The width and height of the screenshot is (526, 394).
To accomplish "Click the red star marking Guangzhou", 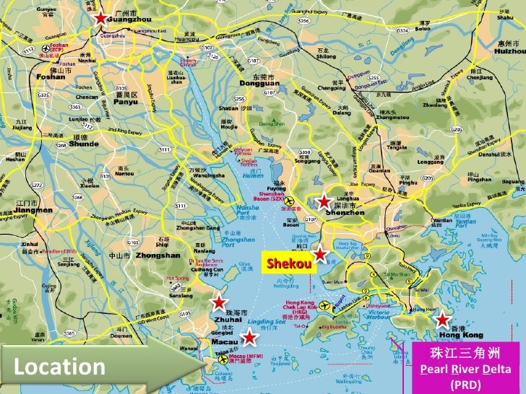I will click(101, 19).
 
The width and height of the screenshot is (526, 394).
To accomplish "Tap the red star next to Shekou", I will click(320, 254).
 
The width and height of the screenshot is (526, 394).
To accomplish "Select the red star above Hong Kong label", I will click(441, 319).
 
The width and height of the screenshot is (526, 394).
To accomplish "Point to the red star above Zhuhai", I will click(217, 302).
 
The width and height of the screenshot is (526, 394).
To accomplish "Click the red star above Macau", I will click(249, 338).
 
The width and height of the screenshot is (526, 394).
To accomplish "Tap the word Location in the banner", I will click(59, 367).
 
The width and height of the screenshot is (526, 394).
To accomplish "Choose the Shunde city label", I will click(83, 143).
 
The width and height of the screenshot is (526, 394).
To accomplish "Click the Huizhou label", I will click(509, 52).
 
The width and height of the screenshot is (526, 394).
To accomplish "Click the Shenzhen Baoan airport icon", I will click(290, 200).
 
